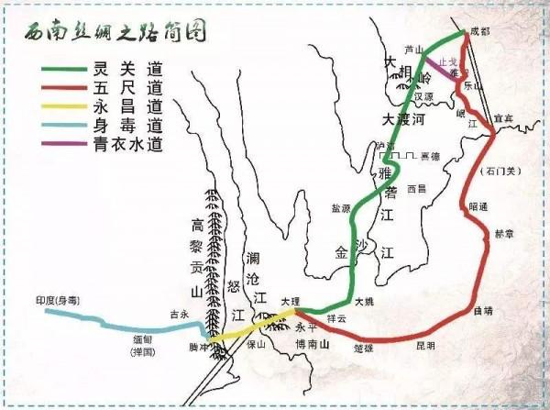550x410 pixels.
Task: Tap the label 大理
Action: (x=289, y=301)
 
